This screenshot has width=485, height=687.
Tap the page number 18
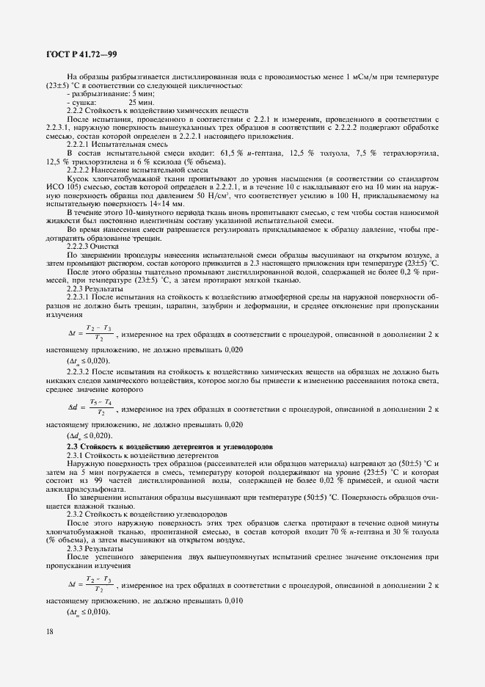pos(50,630)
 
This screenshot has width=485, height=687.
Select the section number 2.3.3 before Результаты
pos(76,548)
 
